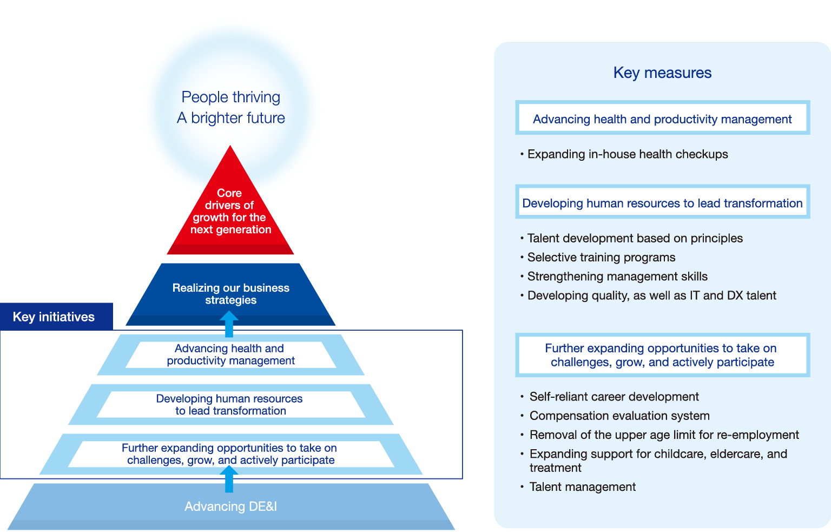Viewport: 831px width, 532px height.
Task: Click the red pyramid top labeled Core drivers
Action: pyautogui.click(x=230, y=211)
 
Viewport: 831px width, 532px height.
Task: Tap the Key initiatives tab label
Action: pyautogui.click(x=54, y=317)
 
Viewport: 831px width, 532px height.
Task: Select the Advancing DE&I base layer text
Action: pyautogui.click(x=230, y=507)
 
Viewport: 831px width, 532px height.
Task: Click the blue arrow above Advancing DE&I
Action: pyautogui.click(x=229, y=479)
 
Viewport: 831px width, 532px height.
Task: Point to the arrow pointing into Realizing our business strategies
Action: pyautogui.click(x=229, y=324)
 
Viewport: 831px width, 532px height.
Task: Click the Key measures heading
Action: pyautogui.click(x=662, y=73)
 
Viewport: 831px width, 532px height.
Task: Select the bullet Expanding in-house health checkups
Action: pyautogui.click(x=627, y=154)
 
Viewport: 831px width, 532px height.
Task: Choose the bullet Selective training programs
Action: pyautogui.click(x=601, y=258)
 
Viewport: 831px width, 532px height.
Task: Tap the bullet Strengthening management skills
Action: pyautogui.click(x=617, y=277)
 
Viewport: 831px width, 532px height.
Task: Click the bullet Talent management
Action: pyautogui.click(x=582, y=487)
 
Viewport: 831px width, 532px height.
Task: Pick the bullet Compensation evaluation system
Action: pyautogui.click(x=619, y=416)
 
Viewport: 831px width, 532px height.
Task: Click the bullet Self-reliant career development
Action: pyautogui.click(x=614, y=397)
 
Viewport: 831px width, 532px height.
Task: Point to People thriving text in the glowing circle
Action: pyautogui.click(x=231, y=97)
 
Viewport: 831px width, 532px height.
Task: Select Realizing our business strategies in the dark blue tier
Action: pyautogui.click(x=231, y=294)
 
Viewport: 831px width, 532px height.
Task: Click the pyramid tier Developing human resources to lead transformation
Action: pyautogui.click(x=230, y=405)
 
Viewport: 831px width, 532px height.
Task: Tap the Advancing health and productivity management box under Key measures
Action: pyautogui.click(x=662, y=119)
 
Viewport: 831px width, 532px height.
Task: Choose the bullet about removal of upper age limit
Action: pyautogui.click(x=664, y=435)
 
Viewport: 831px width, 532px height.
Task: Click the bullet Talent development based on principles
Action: pyautogui.click(x=635, y=239)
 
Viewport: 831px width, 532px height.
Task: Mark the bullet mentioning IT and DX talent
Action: pyautogui.click(x=651, y=295)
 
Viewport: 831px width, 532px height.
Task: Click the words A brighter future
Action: pyautogui.click(x=231, y=118)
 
